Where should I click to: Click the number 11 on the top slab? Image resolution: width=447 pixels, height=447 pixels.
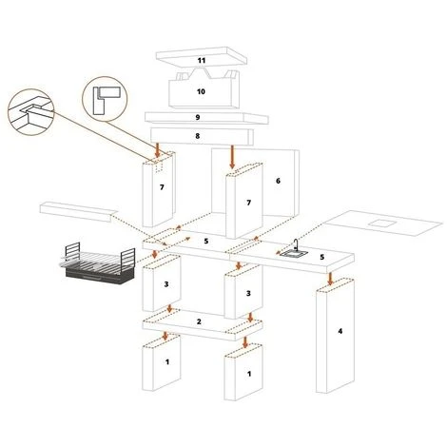click(202, 60)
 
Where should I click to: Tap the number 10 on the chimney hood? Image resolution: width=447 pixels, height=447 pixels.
click(201, 91)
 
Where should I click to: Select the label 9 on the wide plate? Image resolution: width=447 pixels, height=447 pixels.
click(198, 117)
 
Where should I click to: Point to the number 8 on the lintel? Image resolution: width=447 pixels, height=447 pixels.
click(198, 136)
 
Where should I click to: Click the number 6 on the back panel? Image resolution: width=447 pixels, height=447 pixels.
click(278, 181)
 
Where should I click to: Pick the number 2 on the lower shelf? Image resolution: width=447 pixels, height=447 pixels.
click(199, 321)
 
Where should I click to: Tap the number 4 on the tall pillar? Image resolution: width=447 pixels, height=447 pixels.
click(340, 331)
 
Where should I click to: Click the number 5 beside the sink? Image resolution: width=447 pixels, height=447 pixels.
click(322, 257)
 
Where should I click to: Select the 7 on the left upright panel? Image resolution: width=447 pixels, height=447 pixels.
click(162, 187)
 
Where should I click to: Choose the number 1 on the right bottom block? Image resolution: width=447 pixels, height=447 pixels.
click(249, 374)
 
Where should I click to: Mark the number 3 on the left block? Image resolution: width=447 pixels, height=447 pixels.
click(166, 284)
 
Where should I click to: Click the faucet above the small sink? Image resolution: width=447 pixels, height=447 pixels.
click(296, 244)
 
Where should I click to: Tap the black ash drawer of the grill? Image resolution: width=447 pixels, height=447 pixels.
click(99, 277)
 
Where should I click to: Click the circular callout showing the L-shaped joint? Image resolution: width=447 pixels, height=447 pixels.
click(105, 99)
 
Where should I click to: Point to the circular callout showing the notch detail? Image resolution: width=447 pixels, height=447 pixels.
click(30, 112)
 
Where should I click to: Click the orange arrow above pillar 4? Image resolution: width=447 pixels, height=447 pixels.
click(330, 279)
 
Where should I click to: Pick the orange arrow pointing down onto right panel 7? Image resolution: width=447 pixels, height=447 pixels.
click(232, 157)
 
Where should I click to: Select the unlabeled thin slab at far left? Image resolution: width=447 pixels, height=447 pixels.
click(78, 211)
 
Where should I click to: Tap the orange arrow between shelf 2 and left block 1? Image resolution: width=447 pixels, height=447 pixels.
click(165, 337)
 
